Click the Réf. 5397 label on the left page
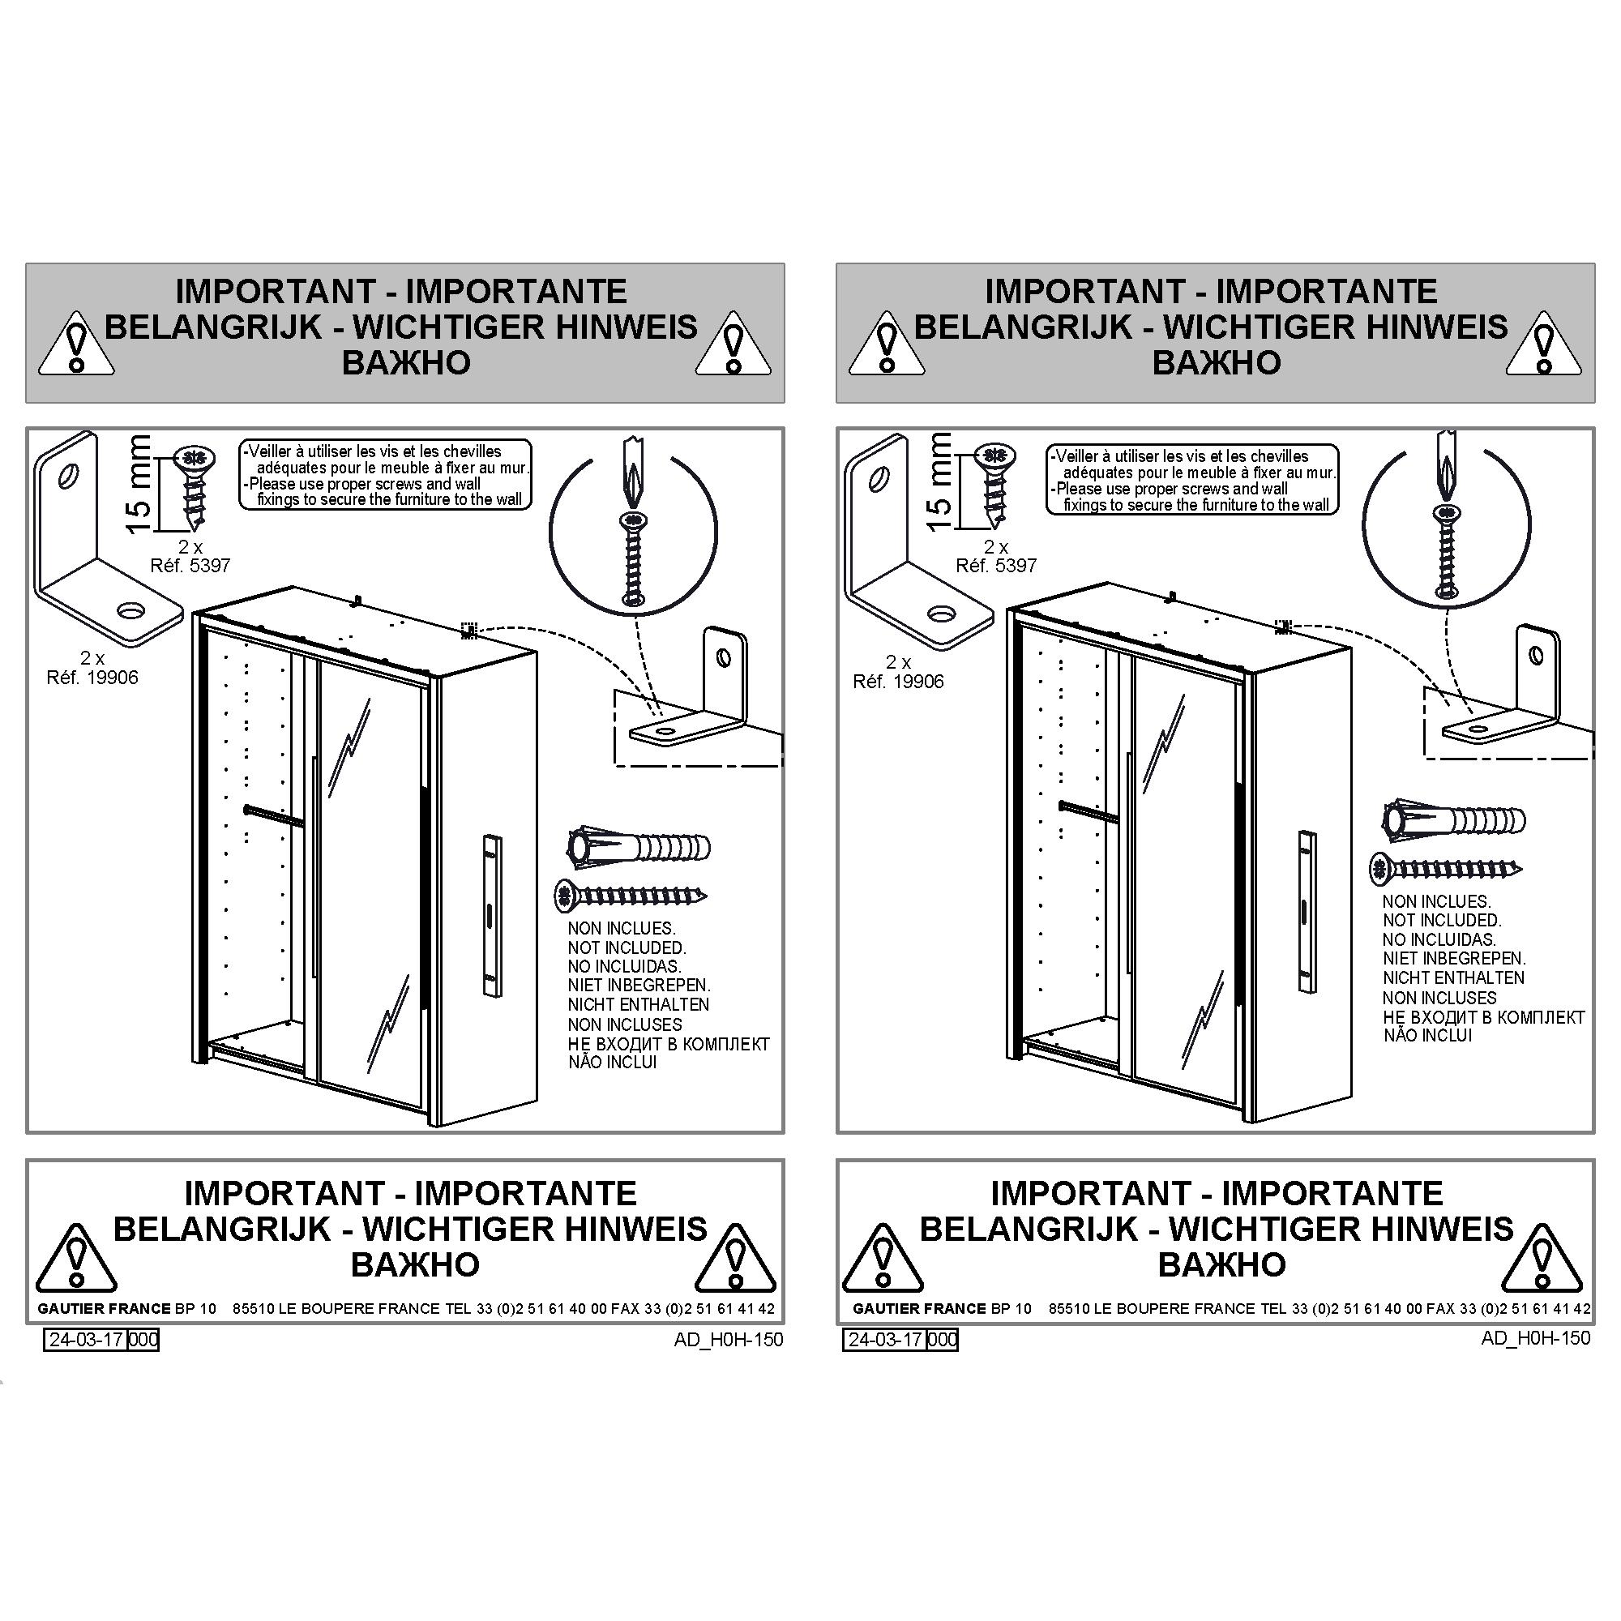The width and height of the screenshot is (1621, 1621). tap(190, 566)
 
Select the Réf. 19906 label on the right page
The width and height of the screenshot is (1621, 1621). tap(899, 682)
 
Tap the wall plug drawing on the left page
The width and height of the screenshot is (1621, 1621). tap(639, 847)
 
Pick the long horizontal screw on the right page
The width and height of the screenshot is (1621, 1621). tap(1446, 868)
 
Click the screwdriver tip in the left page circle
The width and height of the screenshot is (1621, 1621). tap(634, 493)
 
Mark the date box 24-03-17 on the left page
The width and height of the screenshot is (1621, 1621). tap(87, 1339)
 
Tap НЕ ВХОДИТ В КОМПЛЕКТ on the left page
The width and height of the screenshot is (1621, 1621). tap(669, 1045)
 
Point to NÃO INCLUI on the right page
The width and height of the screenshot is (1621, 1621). tap(1427, 1036)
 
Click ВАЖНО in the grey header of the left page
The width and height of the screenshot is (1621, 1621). tap(406, 362)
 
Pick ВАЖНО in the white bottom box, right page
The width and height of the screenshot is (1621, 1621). tap(1221, 1264)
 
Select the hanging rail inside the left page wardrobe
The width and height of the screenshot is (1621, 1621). tap(273, 815)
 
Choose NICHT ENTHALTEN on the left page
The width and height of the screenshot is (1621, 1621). tap(639, 1004)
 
